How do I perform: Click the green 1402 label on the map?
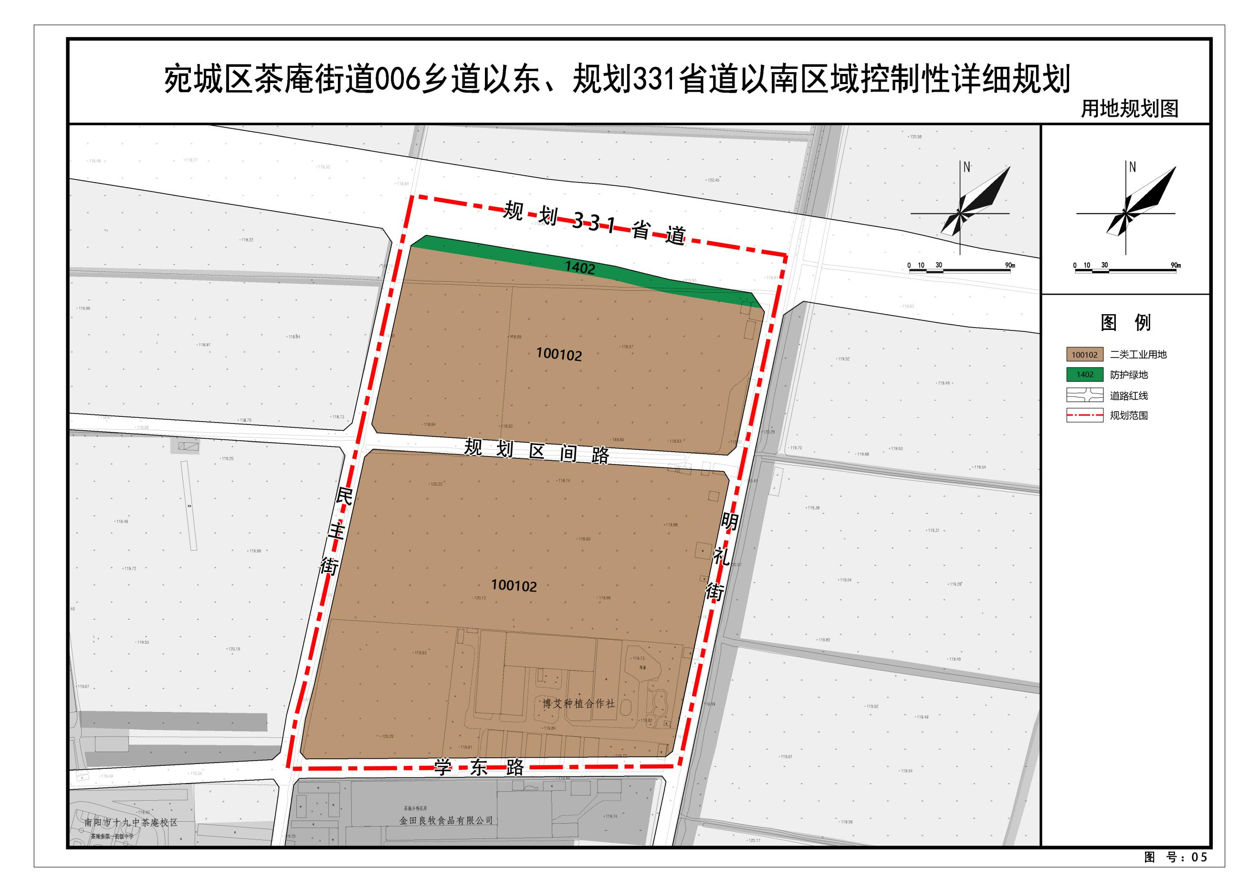coord(579,267)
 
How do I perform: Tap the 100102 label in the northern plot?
coord(559,354)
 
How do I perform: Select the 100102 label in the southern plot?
coord(514,585)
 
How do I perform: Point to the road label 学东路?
coord(479,767)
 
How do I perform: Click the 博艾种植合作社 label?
coord(579,703)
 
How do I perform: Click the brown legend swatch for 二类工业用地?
coord(1084,355)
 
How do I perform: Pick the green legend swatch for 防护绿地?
coord(1084,374)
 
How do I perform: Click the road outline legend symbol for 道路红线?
coord(1084,395)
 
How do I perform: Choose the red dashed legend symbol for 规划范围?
coord(1084,415)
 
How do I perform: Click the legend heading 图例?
coord(1125,322)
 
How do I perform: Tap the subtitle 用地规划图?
coord(1129,109)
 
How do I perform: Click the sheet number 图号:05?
coord(1176,857)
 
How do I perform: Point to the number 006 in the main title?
coord(397,80)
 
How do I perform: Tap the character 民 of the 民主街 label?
coord(344,497)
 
